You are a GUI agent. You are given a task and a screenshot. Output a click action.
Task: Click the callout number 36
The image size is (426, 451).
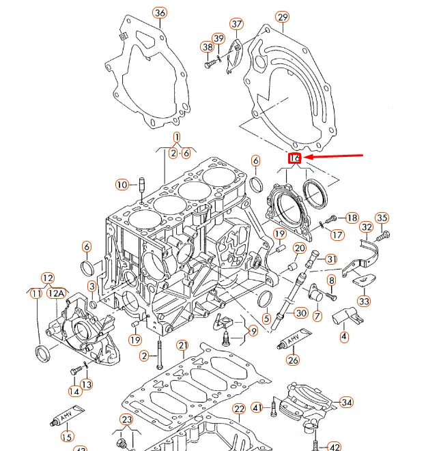click(159, 13)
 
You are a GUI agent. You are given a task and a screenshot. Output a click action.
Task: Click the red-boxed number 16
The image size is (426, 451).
click(295, 158)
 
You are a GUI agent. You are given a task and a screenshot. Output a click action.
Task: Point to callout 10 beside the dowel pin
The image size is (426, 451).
click(122, 184)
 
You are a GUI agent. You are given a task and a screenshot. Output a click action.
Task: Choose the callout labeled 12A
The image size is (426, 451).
click(58, 293)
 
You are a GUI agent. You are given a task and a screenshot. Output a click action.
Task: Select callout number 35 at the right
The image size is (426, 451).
click(382, 218)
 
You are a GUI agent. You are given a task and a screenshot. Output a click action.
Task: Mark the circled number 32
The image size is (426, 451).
click(367, 227)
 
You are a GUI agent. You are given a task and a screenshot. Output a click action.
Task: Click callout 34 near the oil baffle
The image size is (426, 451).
click(346, 403)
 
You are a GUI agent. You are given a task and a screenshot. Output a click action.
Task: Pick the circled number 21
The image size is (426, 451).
click(182, 346)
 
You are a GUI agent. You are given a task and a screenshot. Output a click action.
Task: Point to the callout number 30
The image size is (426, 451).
click(301, 313)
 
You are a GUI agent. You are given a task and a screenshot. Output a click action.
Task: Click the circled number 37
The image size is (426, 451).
click(236, 25)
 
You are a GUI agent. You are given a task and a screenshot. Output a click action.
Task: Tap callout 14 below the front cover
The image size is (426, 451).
click(73, 391)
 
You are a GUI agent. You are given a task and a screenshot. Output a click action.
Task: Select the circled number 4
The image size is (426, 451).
click(343, 336)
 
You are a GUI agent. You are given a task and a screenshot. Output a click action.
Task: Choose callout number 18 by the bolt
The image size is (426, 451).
click(352, 218)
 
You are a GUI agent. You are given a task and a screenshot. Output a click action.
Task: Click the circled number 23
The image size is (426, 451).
click(127, 419)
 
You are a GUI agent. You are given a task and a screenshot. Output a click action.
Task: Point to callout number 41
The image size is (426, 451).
click(257, 407)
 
